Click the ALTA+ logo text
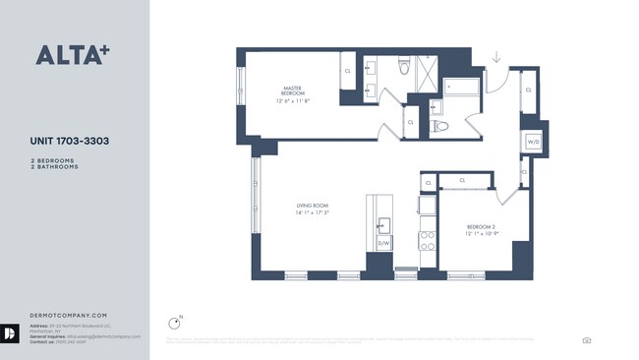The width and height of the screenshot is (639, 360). pos(72,55)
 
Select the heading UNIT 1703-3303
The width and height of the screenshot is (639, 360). pos(69,142)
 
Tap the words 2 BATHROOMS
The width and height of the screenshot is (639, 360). pos(55,167)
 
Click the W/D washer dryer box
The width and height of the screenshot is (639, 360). pos(533,142)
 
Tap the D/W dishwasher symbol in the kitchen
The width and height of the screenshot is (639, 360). pos(384,242)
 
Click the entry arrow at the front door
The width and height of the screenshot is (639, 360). pos(496,57)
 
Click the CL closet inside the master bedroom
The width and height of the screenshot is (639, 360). pos(347,71)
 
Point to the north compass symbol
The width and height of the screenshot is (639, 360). pos(176,321)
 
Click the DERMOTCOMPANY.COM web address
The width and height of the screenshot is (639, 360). pos(61,287)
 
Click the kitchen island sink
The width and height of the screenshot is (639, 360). pos(383,222)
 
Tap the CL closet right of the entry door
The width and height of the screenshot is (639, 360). pos(528,90)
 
